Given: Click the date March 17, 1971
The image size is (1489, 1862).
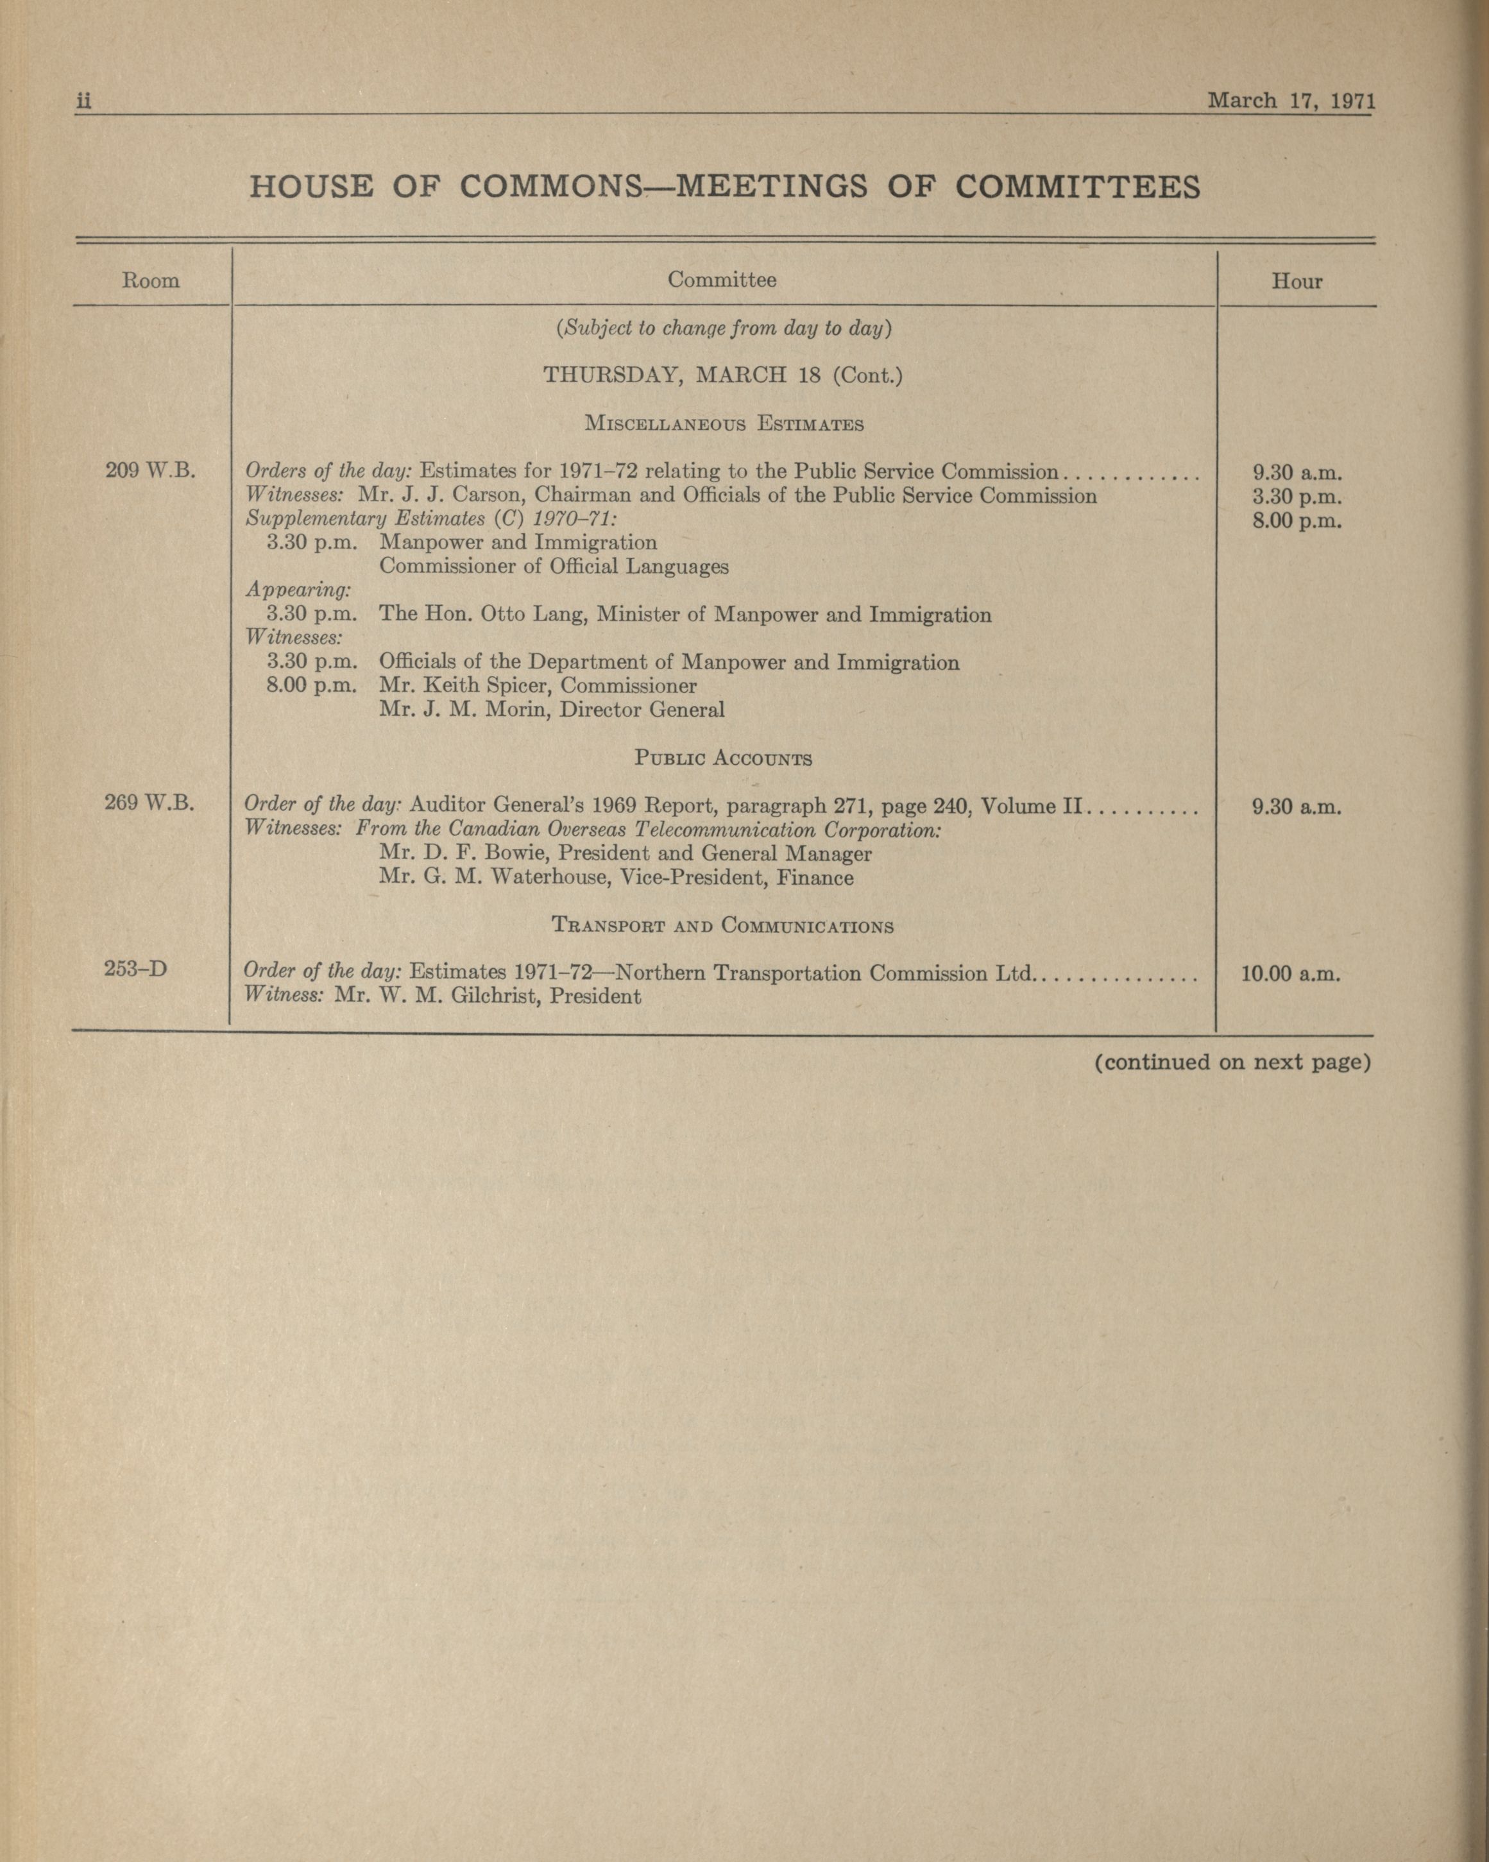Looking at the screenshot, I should click(1289, 100).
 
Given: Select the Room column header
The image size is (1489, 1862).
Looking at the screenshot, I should click(151, 280).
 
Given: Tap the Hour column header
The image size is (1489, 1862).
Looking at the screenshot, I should click(1297, 282).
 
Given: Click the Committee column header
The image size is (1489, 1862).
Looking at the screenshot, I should click(721, 280).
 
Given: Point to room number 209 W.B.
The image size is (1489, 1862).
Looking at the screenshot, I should click(150, 472).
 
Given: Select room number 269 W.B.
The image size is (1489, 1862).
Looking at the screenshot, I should click(149, 803).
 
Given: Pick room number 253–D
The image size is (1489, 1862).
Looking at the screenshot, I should click(135, 969).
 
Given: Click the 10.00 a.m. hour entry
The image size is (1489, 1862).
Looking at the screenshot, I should click(1290, 974).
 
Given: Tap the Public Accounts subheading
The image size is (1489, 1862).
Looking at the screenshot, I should click(723, 759).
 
